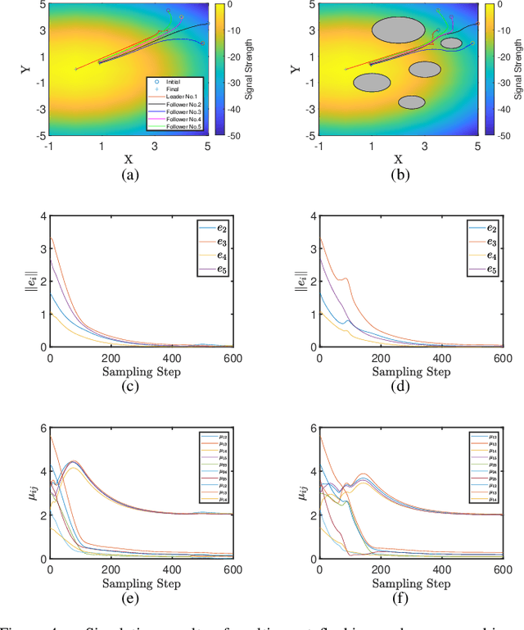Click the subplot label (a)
(129, 175)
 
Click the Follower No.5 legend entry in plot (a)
(183, 127)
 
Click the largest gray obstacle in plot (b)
(399, 30)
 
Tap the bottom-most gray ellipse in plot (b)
(412, 102)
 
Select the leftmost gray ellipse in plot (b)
(372, 82)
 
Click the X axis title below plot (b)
(398, 159)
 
